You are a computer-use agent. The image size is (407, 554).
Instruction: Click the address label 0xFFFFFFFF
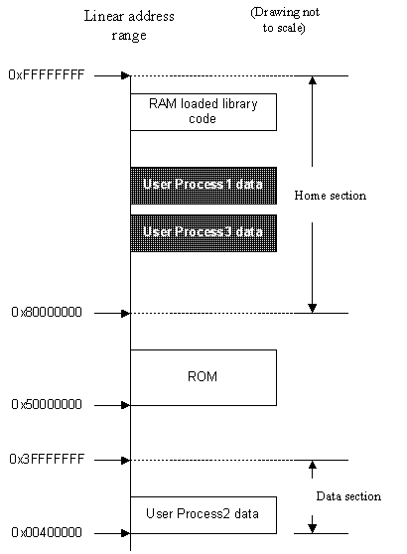coord(47,74)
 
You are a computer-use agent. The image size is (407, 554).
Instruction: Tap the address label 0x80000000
coord(47,313)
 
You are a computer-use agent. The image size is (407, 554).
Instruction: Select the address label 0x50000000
coord(47,404)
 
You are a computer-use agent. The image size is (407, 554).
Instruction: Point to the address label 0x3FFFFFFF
coord(47,459)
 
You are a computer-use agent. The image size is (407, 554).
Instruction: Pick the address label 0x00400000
coord(47,532)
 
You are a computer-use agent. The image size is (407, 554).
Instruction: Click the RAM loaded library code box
coord(203,112)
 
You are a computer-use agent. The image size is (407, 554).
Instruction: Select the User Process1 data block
coord(203,186)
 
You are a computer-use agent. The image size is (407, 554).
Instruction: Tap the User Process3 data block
coord(203,233)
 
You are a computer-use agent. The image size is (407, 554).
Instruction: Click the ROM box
coord(203,377)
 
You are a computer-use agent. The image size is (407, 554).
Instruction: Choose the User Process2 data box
coord(203,515)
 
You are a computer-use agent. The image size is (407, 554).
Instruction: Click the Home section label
coord(330,196)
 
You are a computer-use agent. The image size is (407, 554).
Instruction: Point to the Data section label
coord(348,496)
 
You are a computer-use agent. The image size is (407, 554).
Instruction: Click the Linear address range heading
coord(129,26)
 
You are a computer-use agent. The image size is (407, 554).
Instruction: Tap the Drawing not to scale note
coord(285,20)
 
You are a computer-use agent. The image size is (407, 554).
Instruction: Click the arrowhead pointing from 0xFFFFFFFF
coord(126,75)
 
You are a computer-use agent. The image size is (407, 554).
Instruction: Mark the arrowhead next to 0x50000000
coord(126,405)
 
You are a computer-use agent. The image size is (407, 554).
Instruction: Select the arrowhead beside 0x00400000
coord(126,533)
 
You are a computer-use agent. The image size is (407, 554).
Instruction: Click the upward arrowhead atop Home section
coord(313,80)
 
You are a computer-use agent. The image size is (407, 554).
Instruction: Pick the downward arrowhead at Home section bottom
coord(313,308)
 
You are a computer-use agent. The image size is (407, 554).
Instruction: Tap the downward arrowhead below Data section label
coord(313,528)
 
